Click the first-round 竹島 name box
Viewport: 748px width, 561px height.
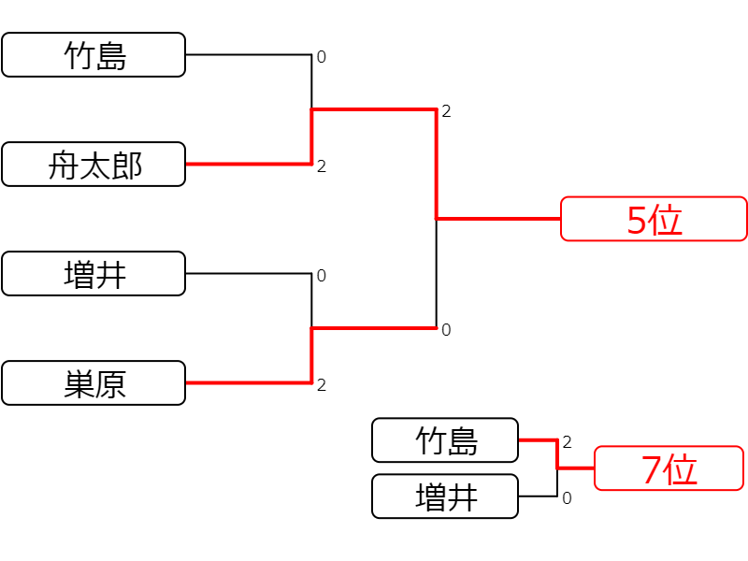coord(93,55)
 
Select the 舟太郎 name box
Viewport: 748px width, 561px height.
coord(93,165)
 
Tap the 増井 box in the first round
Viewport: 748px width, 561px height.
coord(93,273)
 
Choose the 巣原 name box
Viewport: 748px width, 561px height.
coord(93,382)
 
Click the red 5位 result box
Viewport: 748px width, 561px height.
coord(654,219)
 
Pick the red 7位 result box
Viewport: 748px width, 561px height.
coord(669,468)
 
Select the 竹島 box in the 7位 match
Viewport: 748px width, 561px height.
coord(445,439)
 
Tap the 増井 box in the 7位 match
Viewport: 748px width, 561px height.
coord(445,496)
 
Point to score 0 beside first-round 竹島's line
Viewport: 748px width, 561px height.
coord(322,57)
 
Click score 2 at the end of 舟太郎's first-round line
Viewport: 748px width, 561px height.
coord(322,166)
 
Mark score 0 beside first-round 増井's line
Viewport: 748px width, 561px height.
coord(322,275)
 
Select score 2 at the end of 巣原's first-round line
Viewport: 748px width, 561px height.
coord(322,384)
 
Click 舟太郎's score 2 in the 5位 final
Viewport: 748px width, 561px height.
coord(446,111)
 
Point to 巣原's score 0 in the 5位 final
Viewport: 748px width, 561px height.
coord(446,330)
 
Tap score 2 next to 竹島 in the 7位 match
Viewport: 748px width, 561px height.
coord(567,442)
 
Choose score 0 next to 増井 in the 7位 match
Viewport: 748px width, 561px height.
coord(567,498)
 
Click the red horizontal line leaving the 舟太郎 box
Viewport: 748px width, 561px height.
coord(249,165)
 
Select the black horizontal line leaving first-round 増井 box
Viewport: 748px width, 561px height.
coord(249,273)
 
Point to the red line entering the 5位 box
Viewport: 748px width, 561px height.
coord(498,219)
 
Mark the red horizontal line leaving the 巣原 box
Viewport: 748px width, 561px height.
coord(249,382)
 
